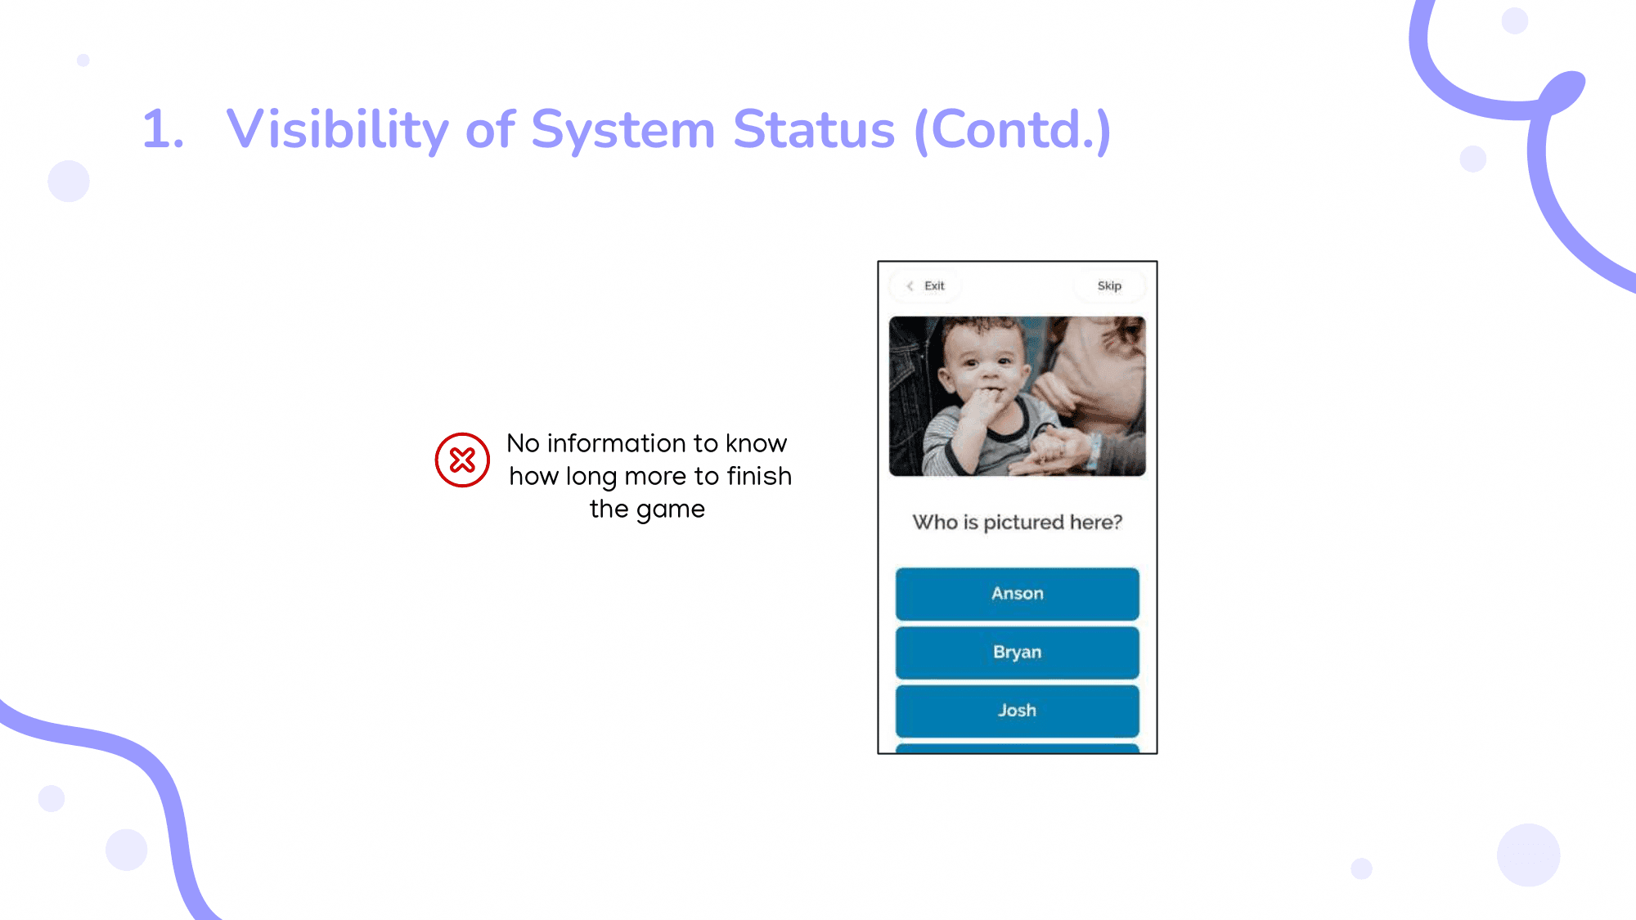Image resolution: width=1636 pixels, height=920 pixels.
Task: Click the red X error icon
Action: [462, 460]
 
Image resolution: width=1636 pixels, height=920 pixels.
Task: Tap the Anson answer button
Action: [1017, 594]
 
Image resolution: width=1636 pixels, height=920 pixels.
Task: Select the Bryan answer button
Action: [1017, 653]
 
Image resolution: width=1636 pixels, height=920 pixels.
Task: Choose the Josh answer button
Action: [1017, 711]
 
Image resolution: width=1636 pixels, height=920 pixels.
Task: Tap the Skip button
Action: [1109, 285]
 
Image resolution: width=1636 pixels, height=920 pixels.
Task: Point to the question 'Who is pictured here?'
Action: [1018, 523]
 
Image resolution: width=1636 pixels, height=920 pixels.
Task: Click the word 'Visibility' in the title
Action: [338, 130]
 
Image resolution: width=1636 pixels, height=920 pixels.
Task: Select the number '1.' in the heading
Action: [163, 130]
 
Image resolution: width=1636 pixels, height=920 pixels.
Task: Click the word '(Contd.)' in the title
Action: [1013, 130]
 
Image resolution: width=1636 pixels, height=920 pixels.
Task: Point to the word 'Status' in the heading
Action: [814, 130]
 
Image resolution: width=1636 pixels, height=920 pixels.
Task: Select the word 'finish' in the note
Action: [759, 476]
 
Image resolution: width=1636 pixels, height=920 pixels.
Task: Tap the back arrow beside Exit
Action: [910, 285]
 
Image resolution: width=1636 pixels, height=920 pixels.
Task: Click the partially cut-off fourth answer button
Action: [1017, 748]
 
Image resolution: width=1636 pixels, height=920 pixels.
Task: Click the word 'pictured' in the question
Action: [1023, 523]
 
